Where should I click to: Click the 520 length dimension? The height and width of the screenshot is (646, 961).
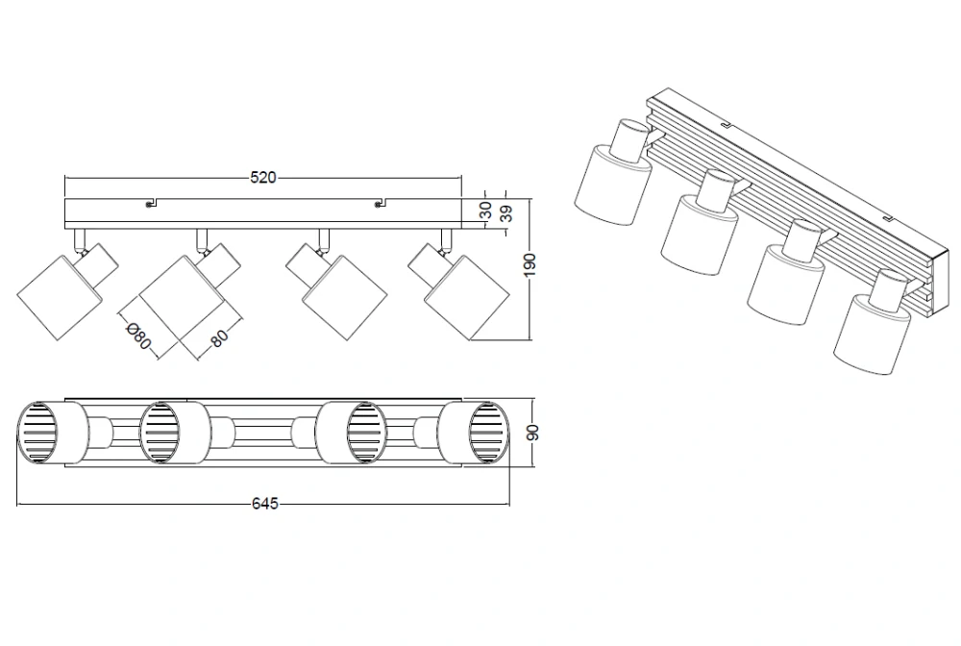click(x=263, y=178)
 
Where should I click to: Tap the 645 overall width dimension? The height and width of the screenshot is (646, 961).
click(x=265, y=504)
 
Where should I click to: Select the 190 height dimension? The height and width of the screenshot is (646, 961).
click(x=530, y=264)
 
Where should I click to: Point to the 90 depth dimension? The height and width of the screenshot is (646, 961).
click(x=533, y=432)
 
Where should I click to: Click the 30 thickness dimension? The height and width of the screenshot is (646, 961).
click(x=485, y=211)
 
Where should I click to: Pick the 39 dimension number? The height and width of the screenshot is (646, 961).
click(x=506, y=213)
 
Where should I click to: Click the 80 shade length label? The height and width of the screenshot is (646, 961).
click(x=219, y=337)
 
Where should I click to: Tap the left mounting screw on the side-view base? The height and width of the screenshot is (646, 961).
click(x=149, y=205)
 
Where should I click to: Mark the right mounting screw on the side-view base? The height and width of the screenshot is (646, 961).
click(x=379, y=205)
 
